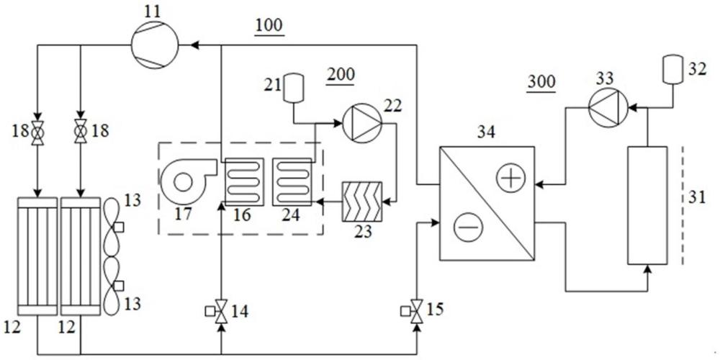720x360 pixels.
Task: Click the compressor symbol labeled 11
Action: [155, 45]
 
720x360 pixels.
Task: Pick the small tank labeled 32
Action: [671, 70]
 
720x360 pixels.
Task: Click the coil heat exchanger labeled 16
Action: [244, 181]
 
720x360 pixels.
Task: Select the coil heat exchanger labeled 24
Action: [292, 181]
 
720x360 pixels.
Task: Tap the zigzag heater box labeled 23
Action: [362, 201]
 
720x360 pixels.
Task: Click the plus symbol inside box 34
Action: [510, 178]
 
